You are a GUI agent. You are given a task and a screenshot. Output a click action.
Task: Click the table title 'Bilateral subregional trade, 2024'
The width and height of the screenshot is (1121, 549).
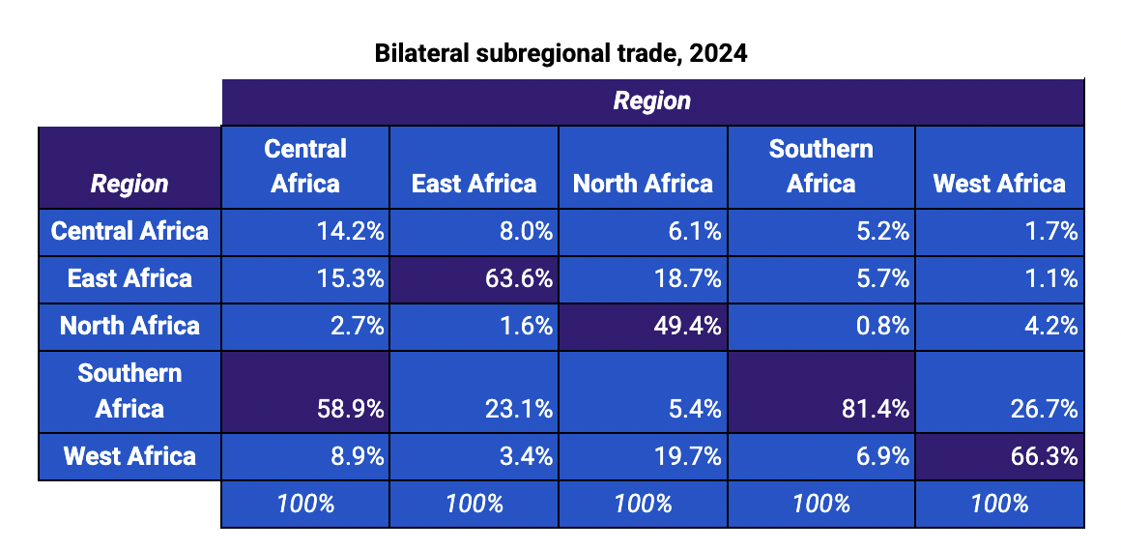coord(560,54)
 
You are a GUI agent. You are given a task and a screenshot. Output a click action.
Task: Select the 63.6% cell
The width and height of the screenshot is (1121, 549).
coord(474,279)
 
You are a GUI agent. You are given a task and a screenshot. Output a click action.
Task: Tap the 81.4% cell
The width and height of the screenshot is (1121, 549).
coord(820,391)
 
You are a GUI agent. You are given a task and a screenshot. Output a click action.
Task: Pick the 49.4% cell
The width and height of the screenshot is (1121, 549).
coord(643,327)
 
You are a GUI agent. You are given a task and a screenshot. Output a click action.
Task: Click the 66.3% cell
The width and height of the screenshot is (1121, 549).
coord(1000,456)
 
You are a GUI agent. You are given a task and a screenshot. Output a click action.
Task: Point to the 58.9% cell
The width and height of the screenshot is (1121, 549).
coord(305,391)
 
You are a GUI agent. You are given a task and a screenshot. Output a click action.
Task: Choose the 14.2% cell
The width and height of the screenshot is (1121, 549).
coord(305,232)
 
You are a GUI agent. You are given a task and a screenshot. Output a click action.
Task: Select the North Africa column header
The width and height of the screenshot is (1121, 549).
coord(643,184)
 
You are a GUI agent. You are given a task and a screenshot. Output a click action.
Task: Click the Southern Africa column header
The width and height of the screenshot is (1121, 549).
coord(820,166)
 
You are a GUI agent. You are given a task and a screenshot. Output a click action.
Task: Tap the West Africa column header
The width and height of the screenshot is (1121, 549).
coord(999,184)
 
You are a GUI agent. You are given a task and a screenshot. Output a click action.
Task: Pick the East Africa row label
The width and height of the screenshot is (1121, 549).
coord(129,279)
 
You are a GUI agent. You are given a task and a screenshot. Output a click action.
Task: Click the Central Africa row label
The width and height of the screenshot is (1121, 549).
coord(129,232)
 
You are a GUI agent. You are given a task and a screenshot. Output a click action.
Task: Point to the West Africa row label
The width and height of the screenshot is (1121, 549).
coord(129,456)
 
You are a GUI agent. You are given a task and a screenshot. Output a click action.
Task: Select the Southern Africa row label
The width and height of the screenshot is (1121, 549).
coord(129,391)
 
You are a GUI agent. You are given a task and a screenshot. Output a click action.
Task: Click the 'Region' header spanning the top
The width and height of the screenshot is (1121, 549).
coord(652,101)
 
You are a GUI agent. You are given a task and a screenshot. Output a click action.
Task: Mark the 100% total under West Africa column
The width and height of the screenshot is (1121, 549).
coord(1000,504)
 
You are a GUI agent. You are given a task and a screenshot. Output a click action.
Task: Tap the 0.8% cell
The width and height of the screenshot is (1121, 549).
coord(820,327)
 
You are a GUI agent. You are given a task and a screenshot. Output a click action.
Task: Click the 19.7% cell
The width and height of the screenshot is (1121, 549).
coord(643,456)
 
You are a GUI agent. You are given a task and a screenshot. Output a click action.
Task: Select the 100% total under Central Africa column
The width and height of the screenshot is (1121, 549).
coord(305,504)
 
